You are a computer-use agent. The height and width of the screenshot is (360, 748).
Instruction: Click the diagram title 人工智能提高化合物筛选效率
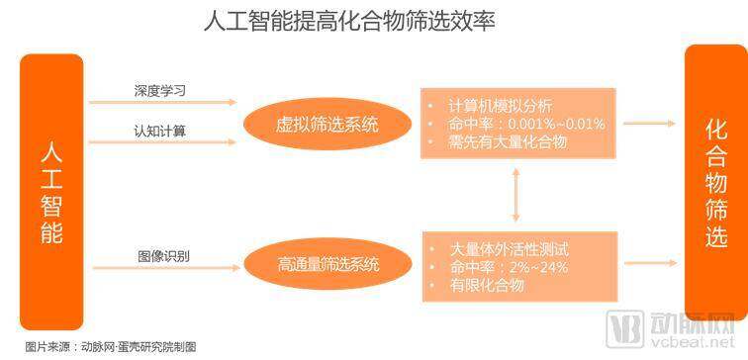coord(348,22)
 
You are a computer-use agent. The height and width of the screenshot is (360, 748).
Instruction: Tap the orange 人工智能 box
coord(51,192)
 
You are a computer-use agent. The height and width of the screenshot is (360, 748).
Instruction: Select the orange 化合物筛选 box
coord(716,183)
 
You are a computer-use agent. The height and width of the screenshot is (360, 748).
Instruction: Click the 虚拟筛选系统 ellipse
coord(327,124)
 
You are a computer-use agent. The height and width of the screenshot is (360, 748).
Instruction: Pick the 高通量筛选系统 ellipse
coord(327,264)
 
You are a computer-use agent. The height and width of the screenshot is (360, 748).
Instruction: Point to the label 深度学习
coord(160,91)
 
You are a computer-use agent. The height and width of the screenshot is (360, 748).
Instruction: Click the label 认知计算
coord(160,132)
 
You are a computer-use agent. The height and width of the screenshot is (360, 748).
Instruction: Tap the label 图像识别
coord(163,256)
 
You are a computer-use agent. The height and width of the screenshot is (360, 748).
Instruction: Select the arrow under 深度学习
coord(163,102)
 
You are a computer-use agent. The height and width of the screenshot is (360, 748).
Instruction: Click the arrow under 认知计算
coord(163,142)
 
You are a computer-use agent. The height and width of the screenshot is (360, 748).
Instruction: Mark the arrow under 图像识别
coord(166,268)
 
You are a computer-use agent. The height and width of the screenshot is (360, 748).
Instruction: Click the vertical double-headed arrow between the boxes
coord(515,195)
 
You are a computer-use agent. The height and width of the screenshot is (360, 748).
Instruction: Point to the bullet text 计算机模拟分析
coord(501,106)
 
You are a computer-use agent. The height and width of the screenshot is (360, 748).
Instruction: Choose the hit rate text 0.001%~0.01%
coord(557,124)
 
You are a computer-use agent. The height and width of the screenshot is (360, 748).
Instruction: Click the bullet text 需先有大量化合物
coord(508,142)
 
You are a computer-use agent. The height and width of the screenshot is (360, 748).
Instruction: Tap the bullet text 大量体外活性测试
coord(509,249)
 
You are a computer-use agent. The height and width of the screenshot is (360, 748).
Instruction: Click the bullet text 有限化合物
coord(487,285)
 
